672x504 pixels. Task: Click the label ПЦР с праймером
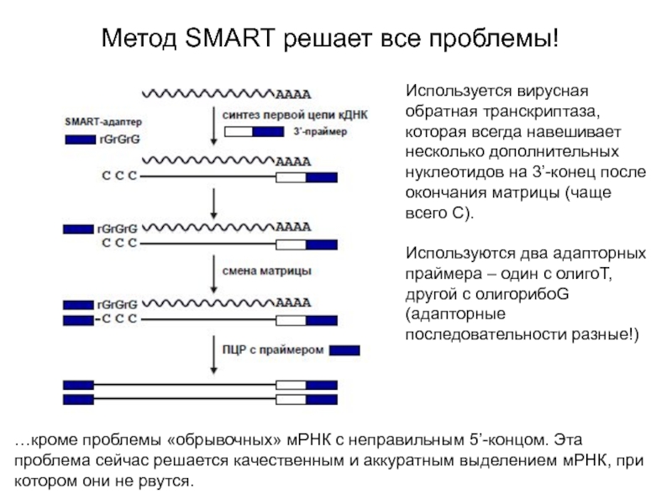tap(273, 349)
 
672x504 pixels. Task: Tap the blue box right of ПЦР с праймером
tap(344, 350)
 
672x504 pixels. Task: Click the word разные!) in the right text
tap(606, 333)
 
